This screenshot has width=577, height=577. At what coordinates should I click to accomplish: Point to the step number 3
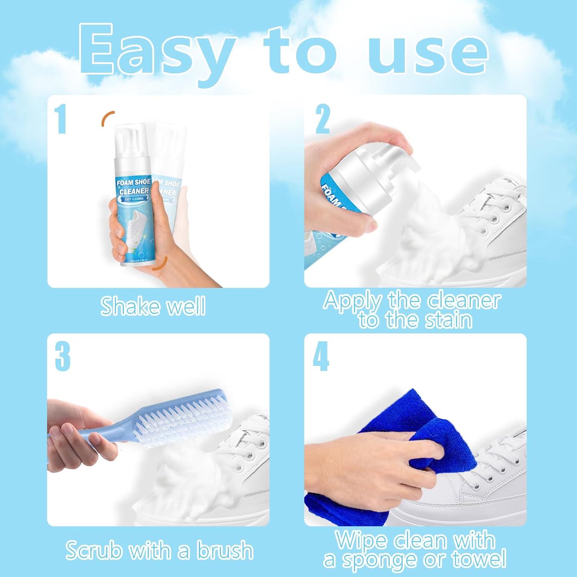coord(62,357)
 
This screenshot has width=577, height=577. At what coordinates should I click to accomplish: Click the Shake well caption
coord(153,306)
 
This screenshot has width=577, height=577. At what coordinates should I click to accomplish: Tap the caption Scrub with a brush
coord(159,550)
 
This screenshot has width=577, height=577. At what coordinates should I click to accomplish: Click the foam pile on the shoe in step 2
coord(423,231)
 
